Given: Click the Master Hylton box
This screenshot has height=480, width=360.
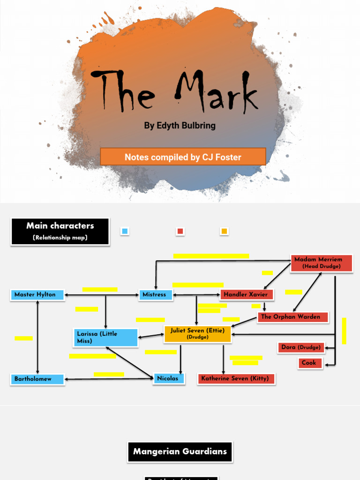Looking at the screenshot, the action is [37, 295].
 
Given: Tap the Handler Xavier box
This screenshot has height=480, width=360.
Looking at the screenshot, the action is [247, 295].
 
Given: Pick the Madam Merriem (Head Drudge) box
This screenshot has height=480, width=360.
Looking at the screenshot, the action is [321, 262].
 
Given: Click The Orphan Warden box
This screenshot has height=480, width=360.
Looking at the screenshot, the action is [292, 317].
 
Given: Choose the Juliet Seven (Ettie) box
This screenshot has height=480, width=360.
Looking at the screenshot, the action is [197, 333].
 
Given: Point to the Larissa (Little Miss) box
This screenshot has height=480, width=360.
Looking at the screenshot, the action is [106, 337].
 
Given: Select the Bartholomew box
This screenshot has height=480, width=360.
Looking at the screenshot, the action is [37, 379].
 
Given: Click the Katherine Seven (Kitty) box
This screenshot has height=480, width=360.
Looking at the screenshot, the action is [236, 378].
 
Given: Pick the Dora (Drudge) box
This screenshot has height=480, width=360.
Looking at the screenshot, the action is [301, 347].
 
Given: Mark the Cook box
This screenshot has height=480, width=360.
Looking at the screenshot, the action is [310, 363].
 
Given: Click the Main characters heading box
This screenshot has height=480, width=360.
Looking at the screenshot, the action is [60, 231].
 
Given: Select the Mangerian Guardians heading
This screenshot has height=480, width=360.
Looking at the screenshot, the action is [180, 452].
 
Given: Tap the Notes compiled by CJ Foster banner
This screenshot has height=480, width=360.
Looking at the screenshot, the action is [183, 157].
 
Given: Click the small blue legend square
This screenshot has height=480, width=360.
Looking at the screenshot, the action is [125, 231].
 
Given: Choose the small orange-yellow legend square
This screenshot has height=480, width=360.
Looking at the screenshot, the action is [224, 231].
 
